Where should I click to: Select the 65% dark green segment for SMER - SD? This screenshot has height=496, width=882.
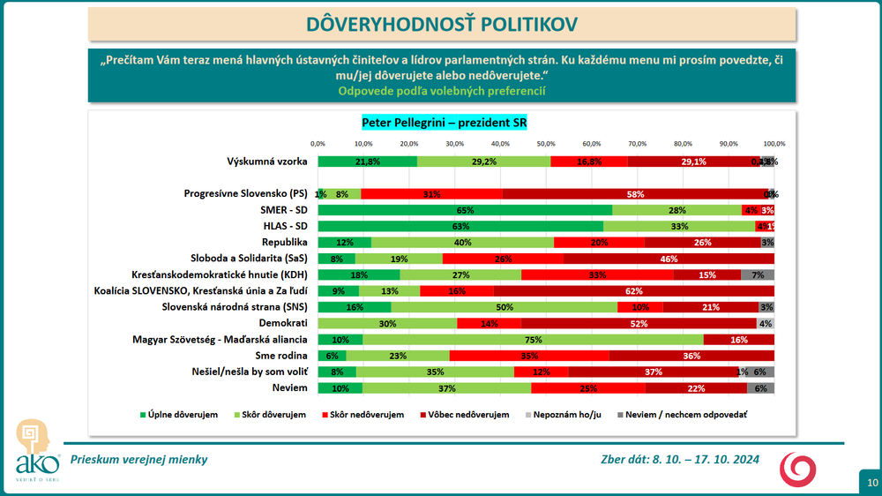click(465, 210)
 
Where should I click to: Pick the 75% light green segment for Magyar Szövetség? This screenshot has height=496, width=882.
click(533, 339)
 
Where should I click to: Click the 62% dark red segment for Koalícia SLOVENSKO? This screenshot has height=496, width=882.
click(633, 290)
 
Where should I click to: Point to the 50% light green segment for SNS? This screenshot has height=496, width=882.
click(504, 307)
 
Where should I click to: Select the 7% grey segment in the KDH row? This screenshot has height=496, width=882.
click(758, 274)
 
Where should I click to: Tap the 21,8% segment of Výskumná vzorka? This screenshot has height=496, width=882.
click(368, 162)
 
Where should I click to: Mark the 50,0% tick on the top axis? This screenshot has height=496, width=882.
click(547, 143)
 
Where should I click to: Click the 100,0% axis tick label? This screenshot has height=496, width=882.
click(774, 143)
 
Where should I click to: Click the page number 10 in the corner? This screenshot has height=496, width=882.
click(871, 482)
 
